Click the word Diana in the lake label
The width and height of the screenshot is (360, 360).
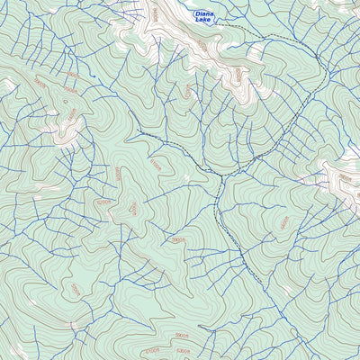[204, 13]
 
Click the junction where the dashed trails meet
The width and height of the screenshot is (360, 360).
[222, 174]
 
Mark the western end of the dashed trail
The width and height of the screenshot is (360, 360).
[139, 133]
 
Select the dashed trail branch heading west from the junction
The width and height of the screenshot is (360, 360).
[180, 153]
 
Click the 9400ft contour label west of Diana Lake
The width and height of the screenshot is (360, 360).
[154, 13]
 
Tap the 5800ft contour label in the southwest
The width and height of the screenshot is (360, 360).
[76, 290]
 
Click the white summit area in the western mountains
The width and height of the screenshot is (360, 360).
[67, 126]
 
